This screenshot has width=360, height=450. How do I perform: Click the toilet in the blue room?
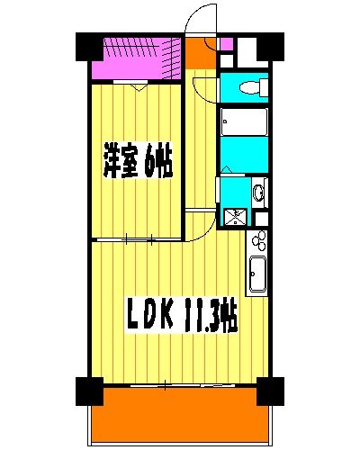point(251,88)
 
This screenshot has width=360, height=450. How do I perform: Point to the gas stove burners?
point(258,241)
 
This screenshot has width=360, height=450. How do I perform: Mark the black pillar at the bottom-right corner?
point(267,390)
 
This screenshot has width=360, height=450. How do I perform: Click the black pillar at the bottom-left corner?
point(87,390)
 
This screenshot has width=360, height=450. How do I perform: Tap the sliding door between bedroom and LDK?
point(135,239)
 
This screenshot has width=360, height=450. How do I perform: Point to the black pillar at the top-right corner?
point(271,46)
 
